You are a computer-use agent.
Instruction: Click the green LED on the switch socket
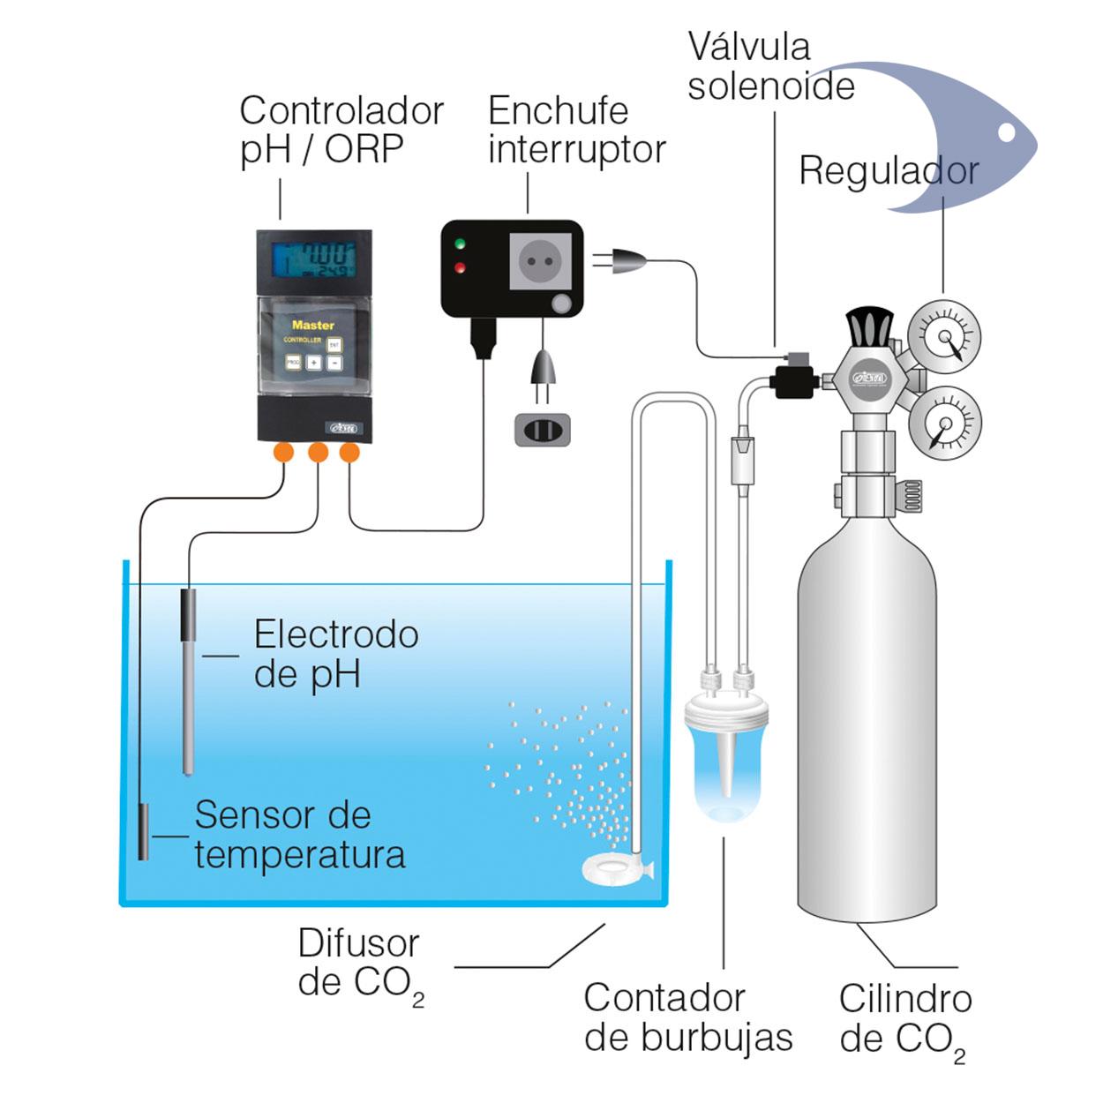459,244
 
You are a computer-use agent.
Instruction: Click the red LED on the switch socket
459,267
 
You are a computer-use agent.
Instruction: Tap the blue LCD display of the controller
313,259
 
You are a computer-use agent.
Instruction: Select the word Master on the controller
312,325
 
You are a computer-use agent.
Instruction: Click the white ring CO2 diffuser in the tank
612,870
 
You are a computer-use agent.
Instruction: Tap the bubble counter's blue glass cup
726,777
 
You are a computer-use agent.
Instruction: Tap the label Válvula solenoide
769,67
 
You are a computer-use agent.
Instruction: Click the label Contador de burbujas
687,1017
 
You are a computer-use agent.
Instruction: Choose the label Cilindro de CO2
904,1019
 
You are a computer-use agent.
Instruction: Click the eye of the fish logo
1006,132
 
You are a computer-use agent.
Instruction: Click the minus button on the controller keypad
334,363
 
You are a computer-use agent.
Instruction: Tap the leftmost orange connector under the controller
283,453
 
